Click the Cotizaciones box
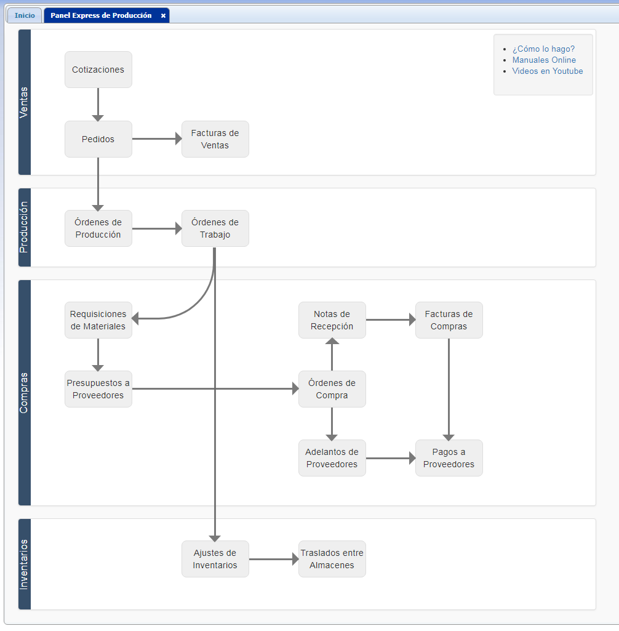pyautogui.click(x=98, y=70)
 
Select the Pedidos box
pyautogui.click(x=98, y=139)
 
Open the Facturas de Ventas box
pyautogui.click(x=215, y=139)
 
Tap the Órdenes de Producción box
pyautogui.click(x=98, y=228)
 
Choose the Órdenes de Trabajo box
pyautogui.click(x=215, y=228)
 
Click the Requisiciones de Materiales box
pyautogui.click(x=98, y=320)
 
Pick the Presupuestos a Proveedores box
pyautogui.click(x=98, y=389)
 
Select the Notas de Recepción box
pyautogui.click(x=332, y=320)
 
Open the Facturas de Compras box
pyautogui.click(x=449, y=320)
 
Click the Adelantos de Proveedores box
pyautogui.click(x=332, y=458)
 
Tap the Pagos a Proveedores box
pyautogui.click(x=449, y=458)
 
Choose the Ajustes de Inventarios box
pyautogui.click(x=215, y=559)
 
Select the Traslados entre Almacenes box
pyautogui.click(x=332, y=559)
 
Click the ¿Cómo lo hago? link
pyautogui.click(x=543, y=49)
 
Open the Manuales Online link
pyautogui.click(x=544, y=60)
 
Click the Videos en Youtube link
pyautogui.click(x=548, y=71)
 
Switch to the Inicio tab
pyautogui.click(x=25, y=15)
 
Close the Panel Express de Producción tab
pyautogui.click(x=163, y=15)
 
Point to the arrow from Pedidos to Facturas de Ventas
pyautogui.click(x=158, y=139)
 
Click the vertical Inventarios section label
pyautogui.click(x=24, y=564)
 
